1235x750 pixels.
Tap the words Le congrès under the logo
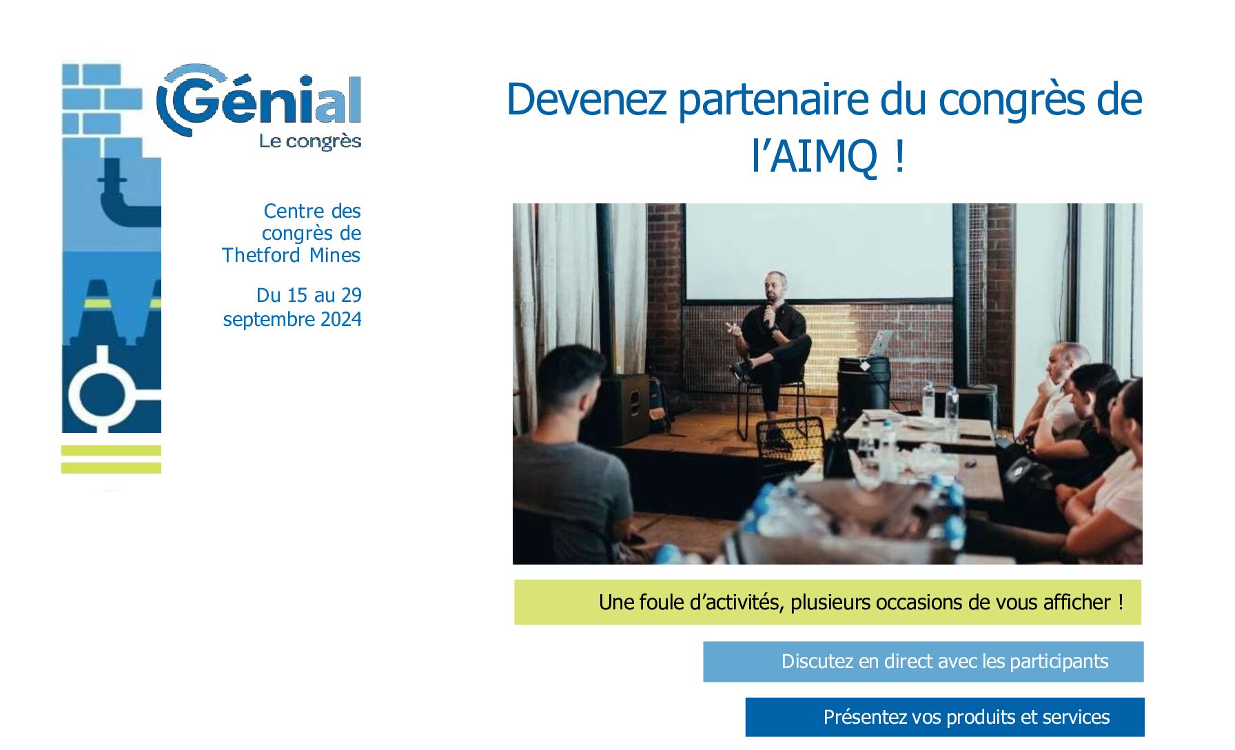tap(310, 141)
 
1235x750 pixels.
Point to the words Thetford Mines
tap(291, 255)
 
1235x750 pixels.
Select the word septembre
tap(268, 320)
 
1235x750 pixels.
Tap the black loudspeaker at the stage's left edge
tap(624, 408)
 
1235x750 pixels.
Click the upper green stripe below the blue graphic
tap(111, 451)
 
